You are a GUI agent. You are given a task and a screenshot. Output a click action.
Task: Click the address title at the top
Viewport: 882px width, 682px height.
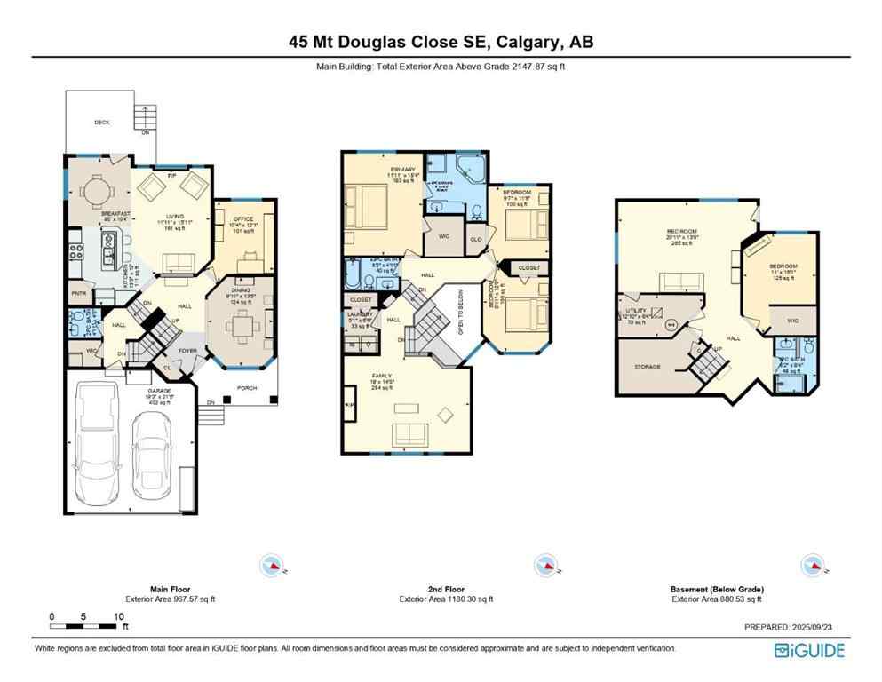click(441, 41)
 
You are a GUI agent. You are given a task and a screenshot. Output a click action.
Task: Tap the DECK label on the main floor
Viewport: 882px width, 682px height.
click(102, 123)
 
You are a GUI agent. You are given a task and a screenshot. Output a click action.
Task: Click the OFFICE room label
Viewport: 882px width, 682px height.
click(243, 219)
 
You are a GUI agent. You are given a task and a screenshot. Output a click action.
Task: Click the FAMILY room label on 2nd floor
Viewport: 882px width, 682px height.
click(381, 376)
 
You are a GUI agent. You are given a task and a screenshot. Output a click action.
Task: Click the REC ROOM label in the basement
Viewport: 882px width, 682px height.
click(680, 233)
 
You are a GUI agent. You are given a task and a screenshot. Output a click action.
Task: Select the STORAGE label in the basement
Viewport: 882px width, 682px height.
click(647, 366)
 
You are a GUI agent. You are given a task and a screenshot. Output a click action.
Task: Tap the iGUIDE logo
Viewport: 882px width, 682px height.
click(809, 650)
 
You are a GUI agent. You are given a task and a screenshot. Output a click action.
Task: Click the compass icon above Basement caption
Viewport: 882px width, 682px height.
click(812, 565)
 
